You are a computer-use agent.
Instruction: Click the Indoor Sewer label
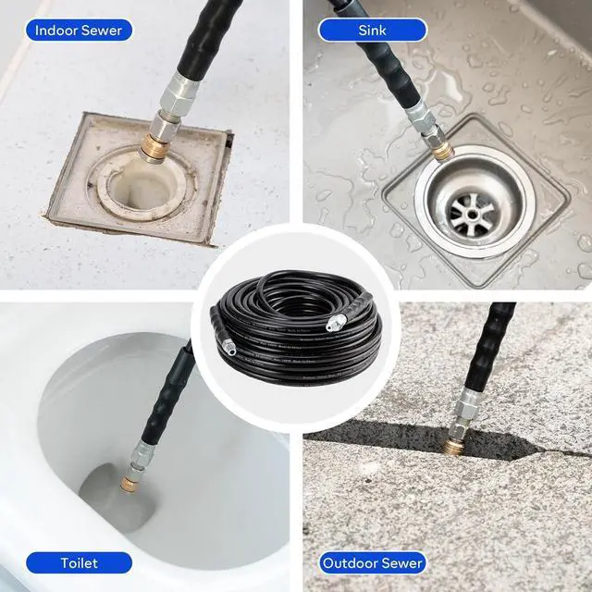point(78,30)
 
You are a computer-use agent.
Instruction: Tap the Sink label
point(372,30)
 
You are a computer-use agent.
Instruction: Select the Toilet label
point(79,561)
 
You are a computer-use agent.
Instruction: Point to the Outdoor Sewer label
point(373,561)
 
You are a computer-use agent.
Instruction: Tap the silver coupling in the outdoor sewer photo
point(466,411)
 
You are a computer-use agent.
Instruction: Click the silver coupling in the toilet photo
point(142,453)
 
